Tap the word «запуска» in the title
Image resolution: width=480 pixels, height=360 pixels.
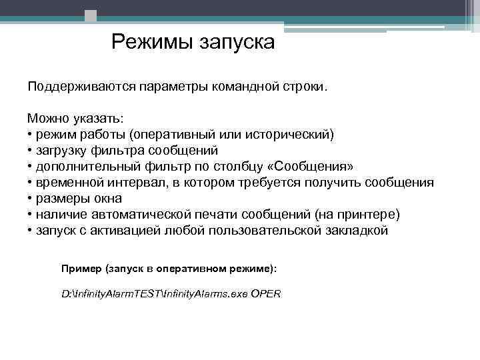(236, 43)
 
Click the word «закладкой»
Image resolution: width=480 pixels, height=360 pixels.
(354, 231)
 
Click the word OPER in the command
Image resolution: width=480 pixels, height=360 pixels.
(266, 293)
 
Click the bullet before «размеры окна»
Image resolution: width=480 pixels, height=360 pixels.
(30, 199)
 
